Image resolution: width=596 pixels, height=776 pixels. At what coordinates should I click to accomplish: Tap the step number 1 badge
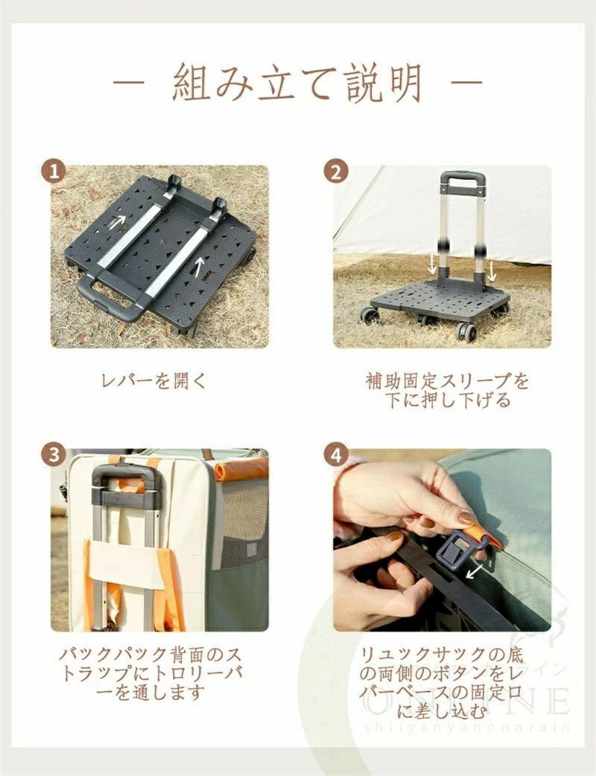click(53, 171)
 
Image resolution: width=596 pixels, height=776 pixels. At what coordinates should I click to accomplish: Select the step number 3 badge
click(53, 454)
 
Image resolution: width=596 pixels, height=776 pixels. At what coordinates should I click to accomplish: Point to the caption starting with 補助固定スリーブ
click(447, 390)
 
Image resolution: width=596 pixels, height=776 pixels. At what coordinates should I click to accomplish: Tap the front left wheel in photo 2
click(370, 314)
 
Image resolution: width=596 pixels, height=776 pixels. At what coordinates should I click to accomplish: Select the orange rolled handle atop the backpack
click(240, 469)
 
